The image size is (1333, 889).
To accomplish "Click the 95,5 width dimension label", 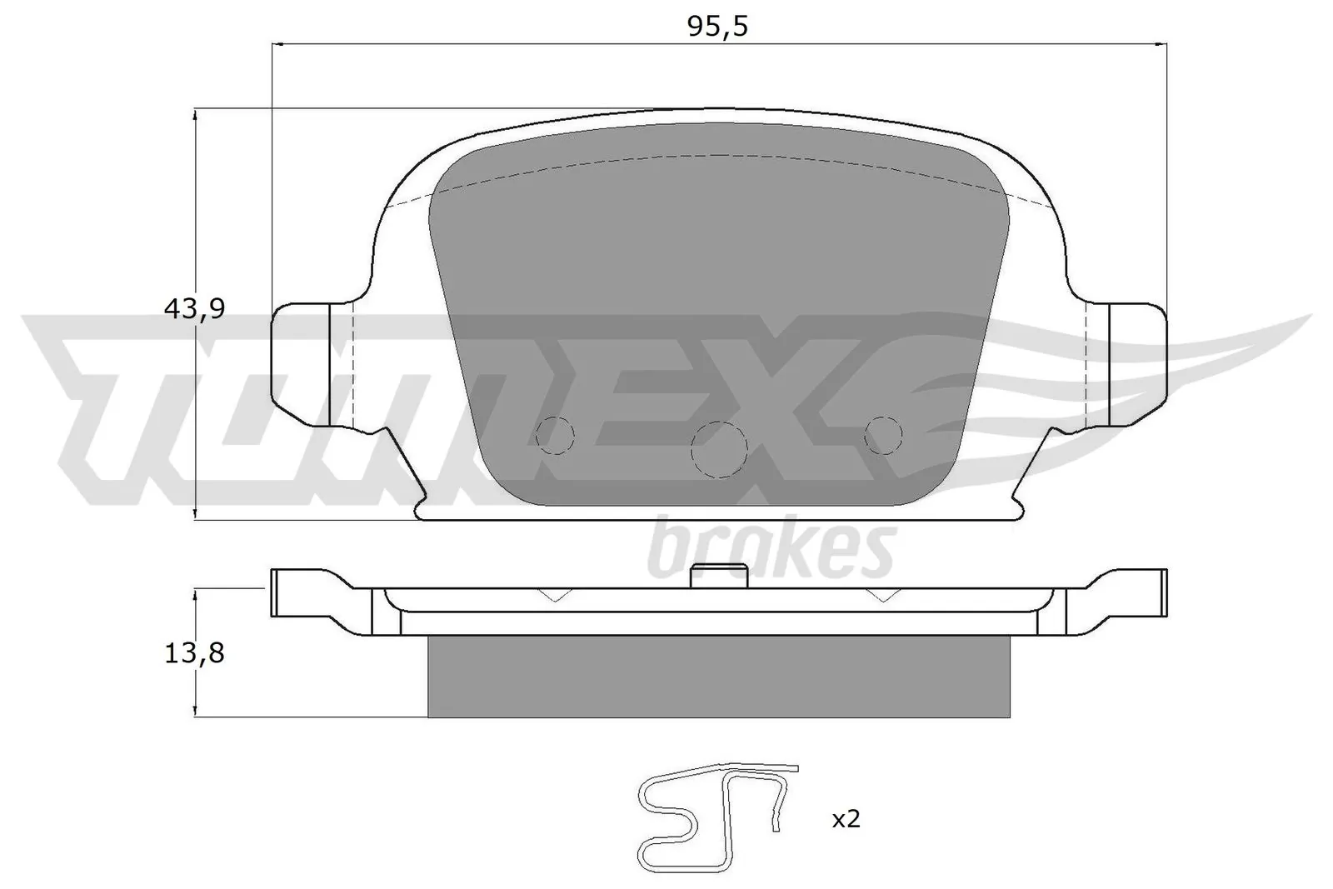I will tap(717, 27).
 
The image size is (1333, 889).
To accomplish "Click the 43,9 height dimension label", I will tap(194, 309).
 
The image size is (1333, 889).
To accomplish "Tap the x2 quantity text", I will tap(846, 819).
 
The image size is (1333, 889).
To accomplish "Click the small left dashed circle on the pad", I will tap(555, 434).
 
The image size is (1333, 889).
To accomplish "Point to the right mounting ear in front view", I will tap(1138, 363).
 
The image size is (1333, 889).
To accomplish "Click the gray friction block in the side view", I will tap(718, 676).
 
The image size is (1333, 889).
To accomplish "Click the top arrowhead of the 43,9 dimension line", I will tap(195, 116).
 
